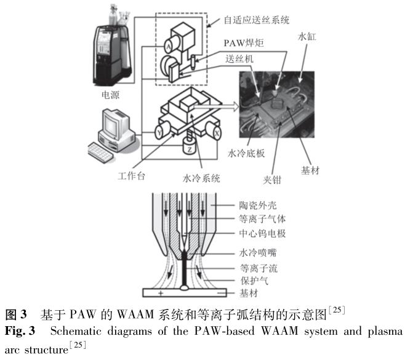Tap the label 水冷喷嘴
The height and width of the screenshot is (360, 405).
coord(256,253)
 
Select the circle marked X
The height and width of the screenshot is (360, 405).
coord(217,132)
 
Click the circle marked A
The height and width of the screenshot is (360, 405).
coord(167,44)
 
